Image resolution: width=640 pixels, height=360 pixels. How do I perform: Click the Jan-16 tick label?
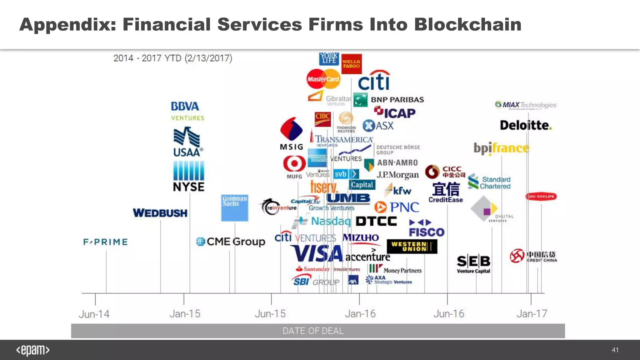[360, 313]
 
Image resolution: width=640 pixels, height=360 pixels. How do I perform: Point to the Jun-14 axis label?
[94, 314]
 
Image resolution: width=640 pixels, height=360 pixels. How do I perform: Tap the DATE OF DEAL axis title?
[313, 331]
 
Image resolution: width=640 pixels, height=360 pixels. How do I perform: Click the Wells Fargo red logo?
[351, 64]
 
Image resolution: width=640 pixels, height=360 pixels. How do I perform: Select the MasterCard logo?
[323, 79]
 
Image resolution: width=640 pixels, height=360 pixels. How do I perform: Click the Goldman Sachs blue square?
[234, 208]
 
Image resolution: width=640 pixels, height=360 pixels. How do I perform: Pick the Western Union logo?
[412, 247]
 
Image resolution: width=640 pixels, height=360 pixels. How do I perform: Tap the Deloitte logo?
[526, 125]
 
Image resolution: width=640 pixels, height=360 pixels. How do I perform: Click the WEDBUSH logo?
[160, 213]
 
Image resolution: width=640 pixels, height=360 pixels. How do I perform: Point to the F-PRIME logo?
[105, 242]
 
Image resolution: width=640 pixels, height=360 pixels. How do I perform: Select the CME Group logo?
[231, 242]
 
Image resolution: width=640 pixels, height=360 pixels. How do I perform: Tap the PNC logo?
[397, 207]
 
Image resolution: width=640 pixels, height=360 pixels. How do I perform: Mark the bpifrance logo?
[501, 148]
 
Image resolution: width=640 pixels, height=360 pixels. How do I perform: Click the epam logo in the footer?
[33, 350]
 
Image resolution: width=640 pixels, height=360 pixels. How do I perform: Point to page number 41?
[615, 350]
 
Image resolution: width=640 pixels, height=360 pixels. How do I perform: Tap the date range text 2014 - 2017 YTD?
[172, 58]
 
